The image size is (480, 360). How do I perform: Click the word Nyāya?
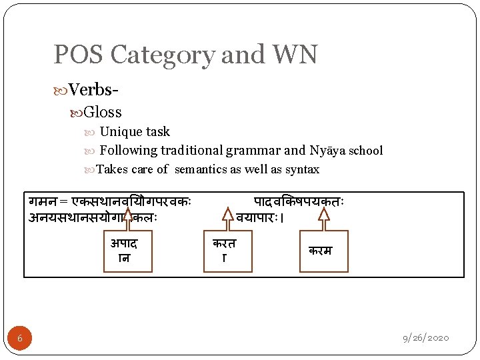(326, 150)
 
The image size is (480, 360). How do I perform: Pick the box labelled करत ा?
(224, 250)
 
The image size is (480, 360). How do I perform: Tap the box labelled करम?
(323, 251)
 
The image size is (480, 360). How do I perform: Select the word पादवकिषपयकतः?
(298, 201)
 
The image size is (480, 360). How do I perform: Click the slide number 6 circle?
(20, 339)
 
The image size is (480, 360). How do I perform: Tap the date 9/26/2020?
(425, 338)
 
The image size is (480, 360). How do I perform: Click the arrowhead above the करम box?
(323, 214)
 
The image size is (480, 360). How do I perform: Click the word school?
(365, 151)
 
